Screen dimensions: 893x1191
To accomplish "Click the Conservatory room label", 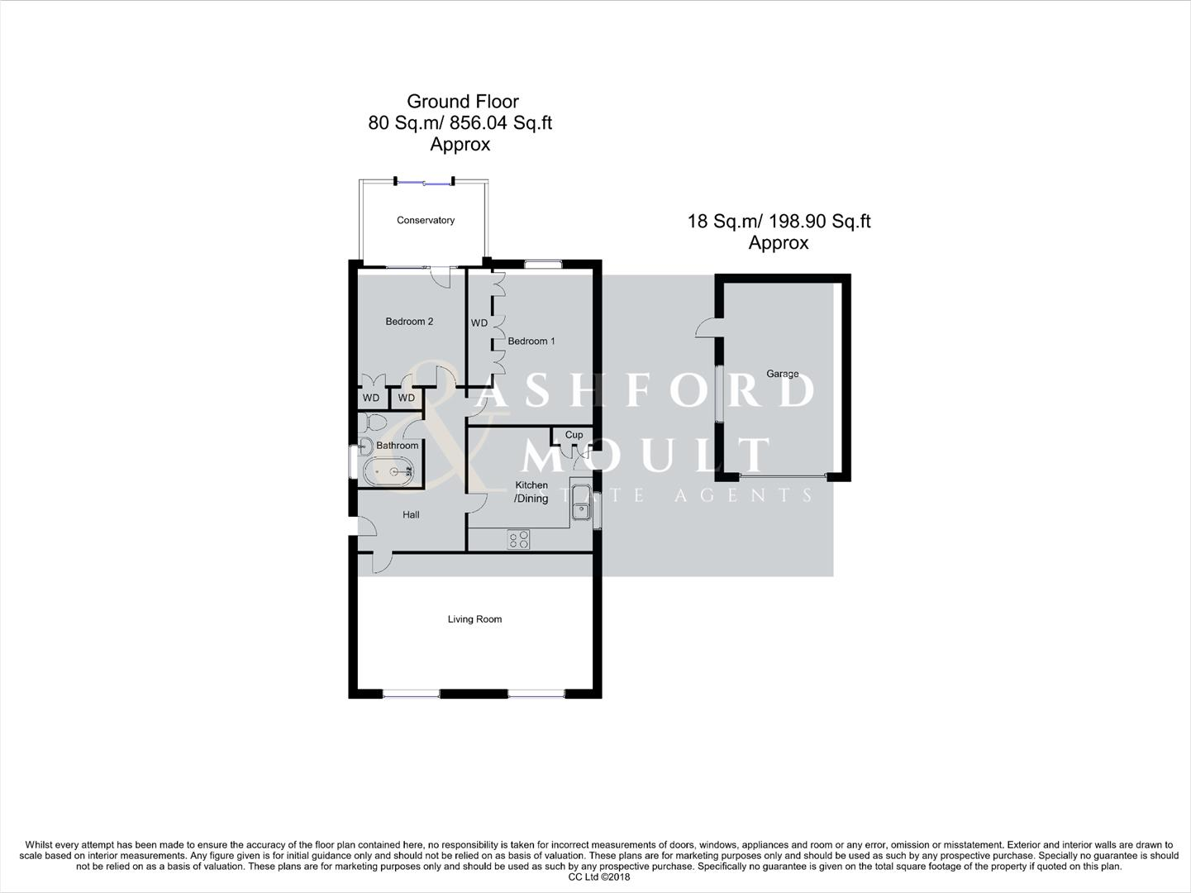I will [426, 220].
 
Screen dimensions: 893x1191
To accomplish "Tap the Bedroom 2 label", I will [409, 322].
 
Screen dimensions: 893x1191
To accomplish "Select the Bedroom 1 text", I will [531, 341].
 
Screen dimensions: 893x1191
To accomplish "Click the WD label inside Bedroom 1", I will [479, 323].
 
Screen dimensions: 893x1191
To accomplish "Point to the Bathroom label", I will [397, 446].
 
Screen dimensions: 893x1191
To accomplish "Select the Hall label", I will [411, 515].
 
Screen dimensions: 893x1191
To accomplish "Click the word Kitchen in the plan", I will [531, 485].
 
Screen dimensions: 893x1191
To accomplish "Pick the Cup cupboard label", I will [574, 435].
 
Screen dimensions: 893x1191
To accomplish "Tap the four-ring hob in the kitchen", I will [519, 540].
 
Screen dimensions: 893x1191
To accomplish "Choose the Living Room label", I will [474, 619].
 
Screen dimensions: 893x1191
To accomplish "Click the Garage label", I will [782, 374].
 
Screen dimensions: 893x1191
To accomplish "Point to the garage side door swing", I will [707, 328].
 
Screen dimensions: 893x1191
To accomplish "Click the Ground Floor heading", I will [462, 102].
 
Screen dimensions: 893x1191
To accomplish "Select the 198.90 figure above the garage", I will [798, 222].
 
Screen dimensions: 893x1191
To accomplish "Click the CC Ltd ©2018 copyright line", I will [594, 877].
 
